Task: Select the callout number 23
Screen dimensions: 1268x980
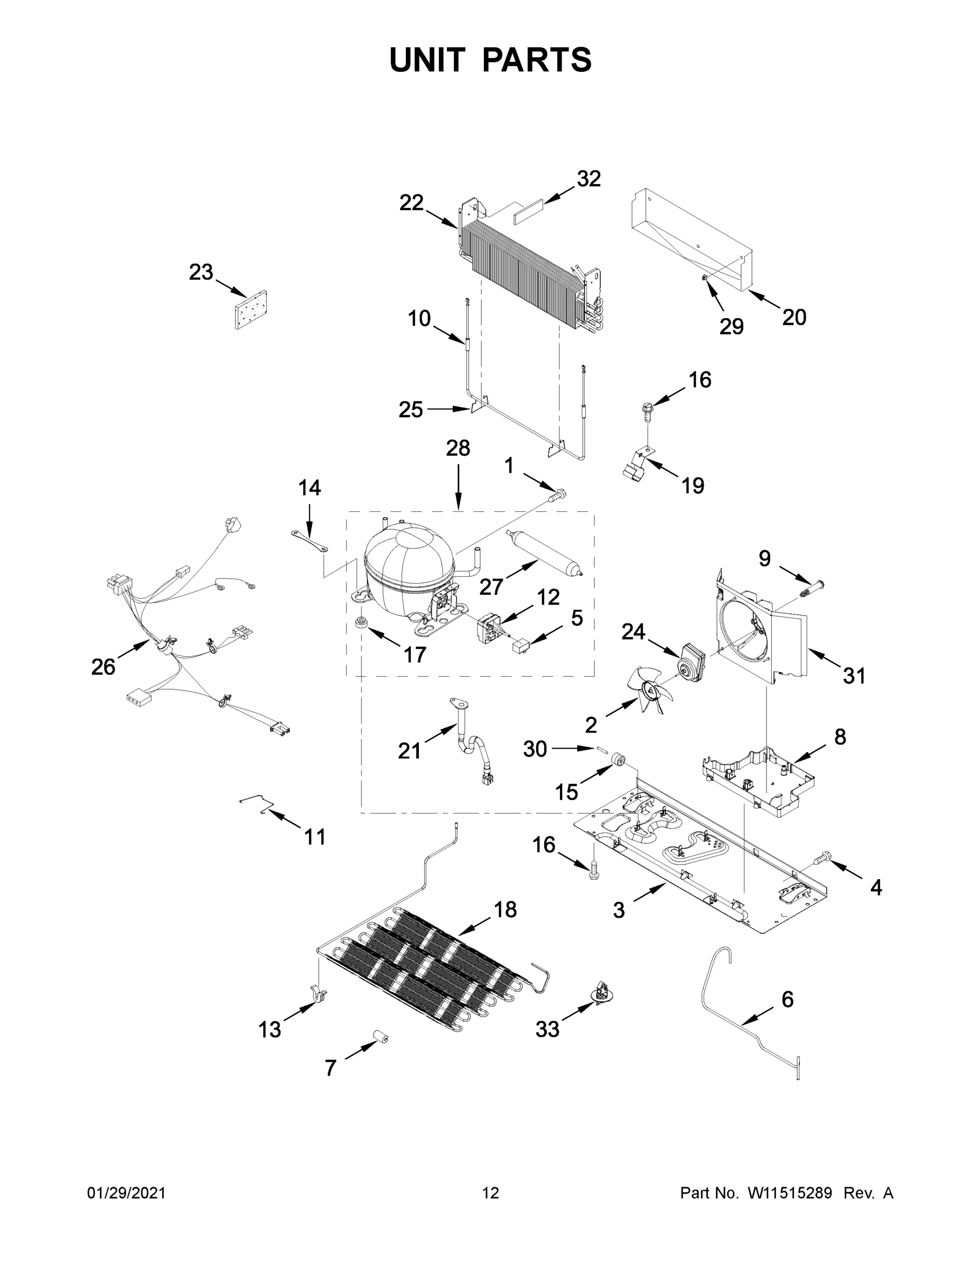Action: pyautogui.click(x=201, y=272)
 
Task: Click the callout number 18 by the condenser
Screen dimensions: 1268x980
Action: pyautogui.click(x=506, y=909)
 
